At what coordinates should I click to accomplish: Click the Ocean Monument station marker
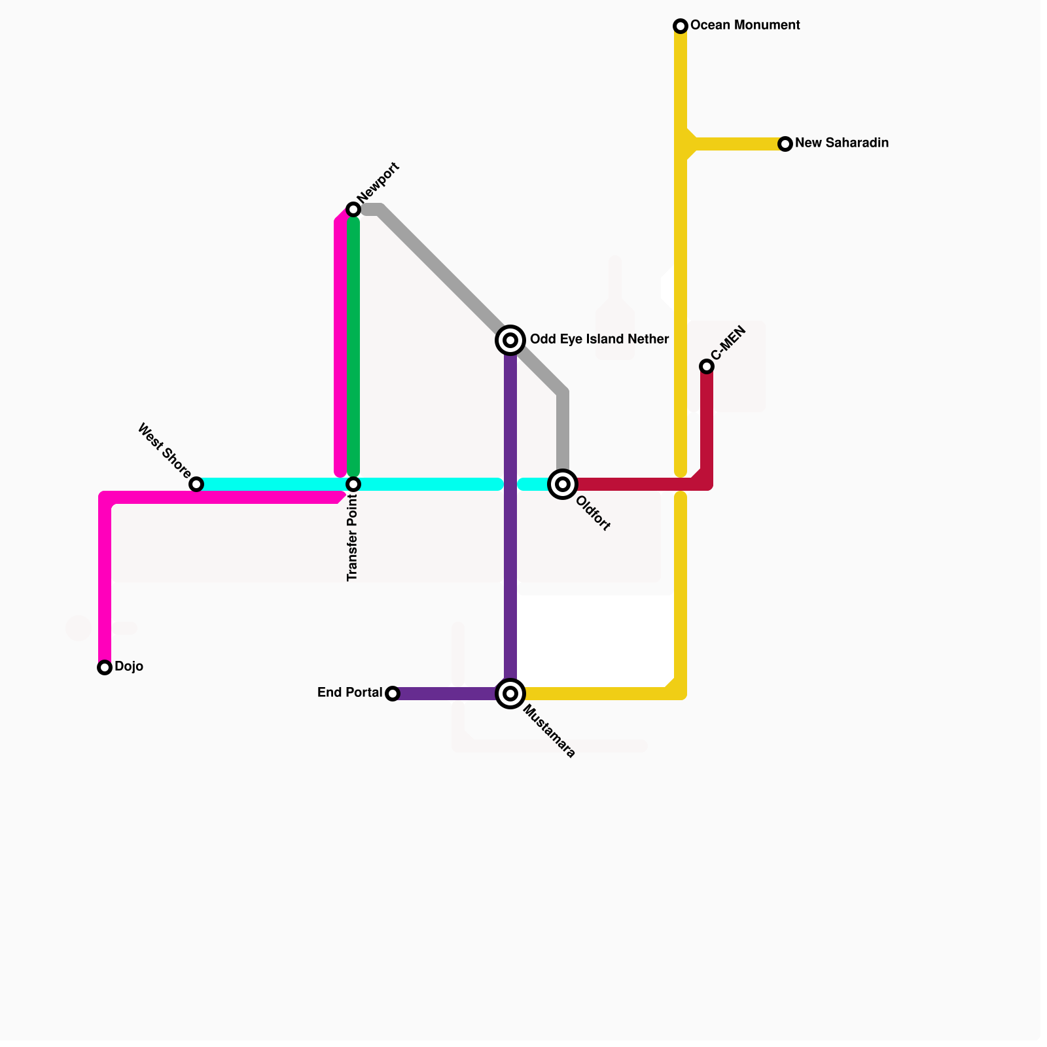click(681, 26)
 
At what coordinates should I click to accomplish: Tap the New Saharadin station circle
click(785, 144)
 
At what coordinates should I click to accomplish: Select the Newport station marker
click(353, 209)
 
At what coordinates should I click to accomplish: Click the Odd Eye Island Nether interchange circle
click(510, 340)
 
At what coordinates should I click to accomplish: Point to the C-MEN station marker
click(707, 366)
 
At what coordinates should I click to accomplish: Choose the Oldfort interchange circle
click(563, 484)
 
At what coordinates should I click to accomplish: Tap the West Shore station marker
click(196, 484)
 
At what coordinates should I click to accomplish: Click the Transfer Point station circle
click(353, 484)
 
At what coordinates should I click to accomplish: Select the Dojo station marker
click(105, 667)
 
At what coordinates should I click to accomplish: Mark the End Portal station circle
click(393, 694)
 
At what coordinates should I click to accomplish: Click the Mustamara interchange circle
click(510, 694)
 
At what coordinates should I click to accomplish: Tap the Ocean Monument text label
click(745, 26)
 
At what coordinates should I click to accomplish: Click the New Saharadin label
click(842, 143)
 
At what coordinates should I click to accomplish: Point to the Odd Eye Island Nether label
click(599, 340)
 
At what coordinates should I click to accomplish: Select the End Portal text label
click(349, 693)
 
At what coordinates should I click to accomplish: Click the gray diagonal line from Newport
click(445, 275)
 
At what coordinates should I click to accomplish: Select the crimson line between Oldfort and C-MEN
click(635, 484)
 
